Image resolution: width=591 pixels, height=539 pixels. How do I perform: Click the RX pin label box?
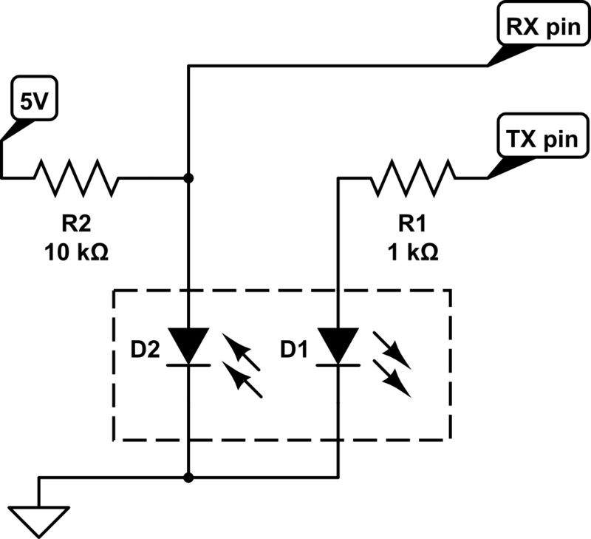[x=543, y=24]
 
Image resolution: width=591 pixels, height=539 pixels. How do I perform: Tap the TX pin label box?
[x=543, y=136]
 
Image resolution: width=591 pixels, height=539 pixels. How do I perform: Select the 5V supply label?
[x=35, y=98]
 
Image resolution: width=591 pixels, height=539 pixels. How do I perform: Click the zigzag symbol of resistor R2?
[x=77, y=177]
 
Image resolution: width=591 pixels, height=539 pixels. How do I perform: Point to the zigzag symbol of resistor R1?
[x=413, y=177]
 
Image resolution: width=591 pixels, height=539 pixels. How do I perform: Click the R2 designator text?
[x=77, y=223]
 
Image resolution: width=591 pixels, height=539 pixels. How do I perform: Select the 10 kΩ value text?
[x=77, y=252]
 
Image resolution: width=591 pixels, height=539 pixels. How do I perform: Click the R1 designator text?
[x=412, y=223]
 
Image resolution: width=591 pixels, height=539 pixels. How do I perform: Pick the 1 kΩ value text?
[x=413, y=252]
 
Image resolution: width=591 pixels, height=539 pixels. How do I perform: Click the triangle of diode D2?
[x=188, y=343]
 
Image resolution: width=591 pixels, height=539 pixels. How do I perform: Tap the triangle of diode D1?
[x=338, y=343]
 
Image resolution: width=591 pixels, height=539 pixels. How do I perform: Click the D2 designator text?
[x=145, y=349]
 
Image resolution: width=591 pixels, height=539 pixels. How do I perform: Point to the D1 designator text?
[x=294, y=349]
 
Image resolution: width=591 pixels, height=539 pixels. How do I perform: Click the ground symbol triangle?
[x=39, y=521]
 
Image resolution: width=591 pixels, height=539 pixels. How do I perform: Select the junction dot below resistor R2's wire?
[x=188, y=177]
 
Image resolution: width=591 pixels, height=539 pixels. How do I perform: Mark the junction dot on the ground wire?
[x=188, y=478]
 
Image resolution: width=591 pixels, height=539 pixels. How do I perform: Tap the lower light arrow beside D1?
[x=392, y=379]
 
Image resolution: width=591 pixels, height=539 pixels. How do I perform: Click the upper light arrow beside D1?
[x=392, y=350]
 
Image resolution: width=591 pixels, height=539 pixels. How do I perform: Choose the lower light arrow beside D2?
[x=242, y=379]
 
